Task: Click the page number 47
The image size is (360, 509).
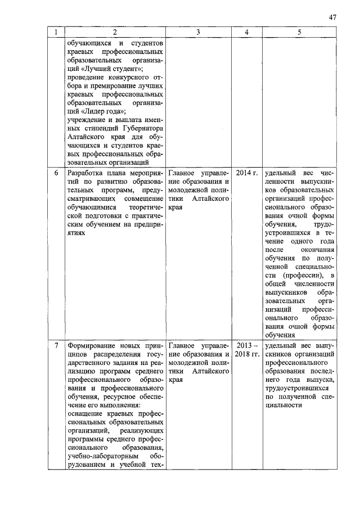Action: pyautogui.click(x=332, y=17)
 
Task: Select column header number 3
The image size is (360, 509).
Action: pyautogui.click(x=199, y=33)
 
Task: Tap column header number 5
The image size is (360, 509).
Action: pyautogui.click(x=299, y=33)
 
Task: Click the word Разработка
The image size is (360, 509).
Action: pyautogui.click(x=88, y=173)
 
